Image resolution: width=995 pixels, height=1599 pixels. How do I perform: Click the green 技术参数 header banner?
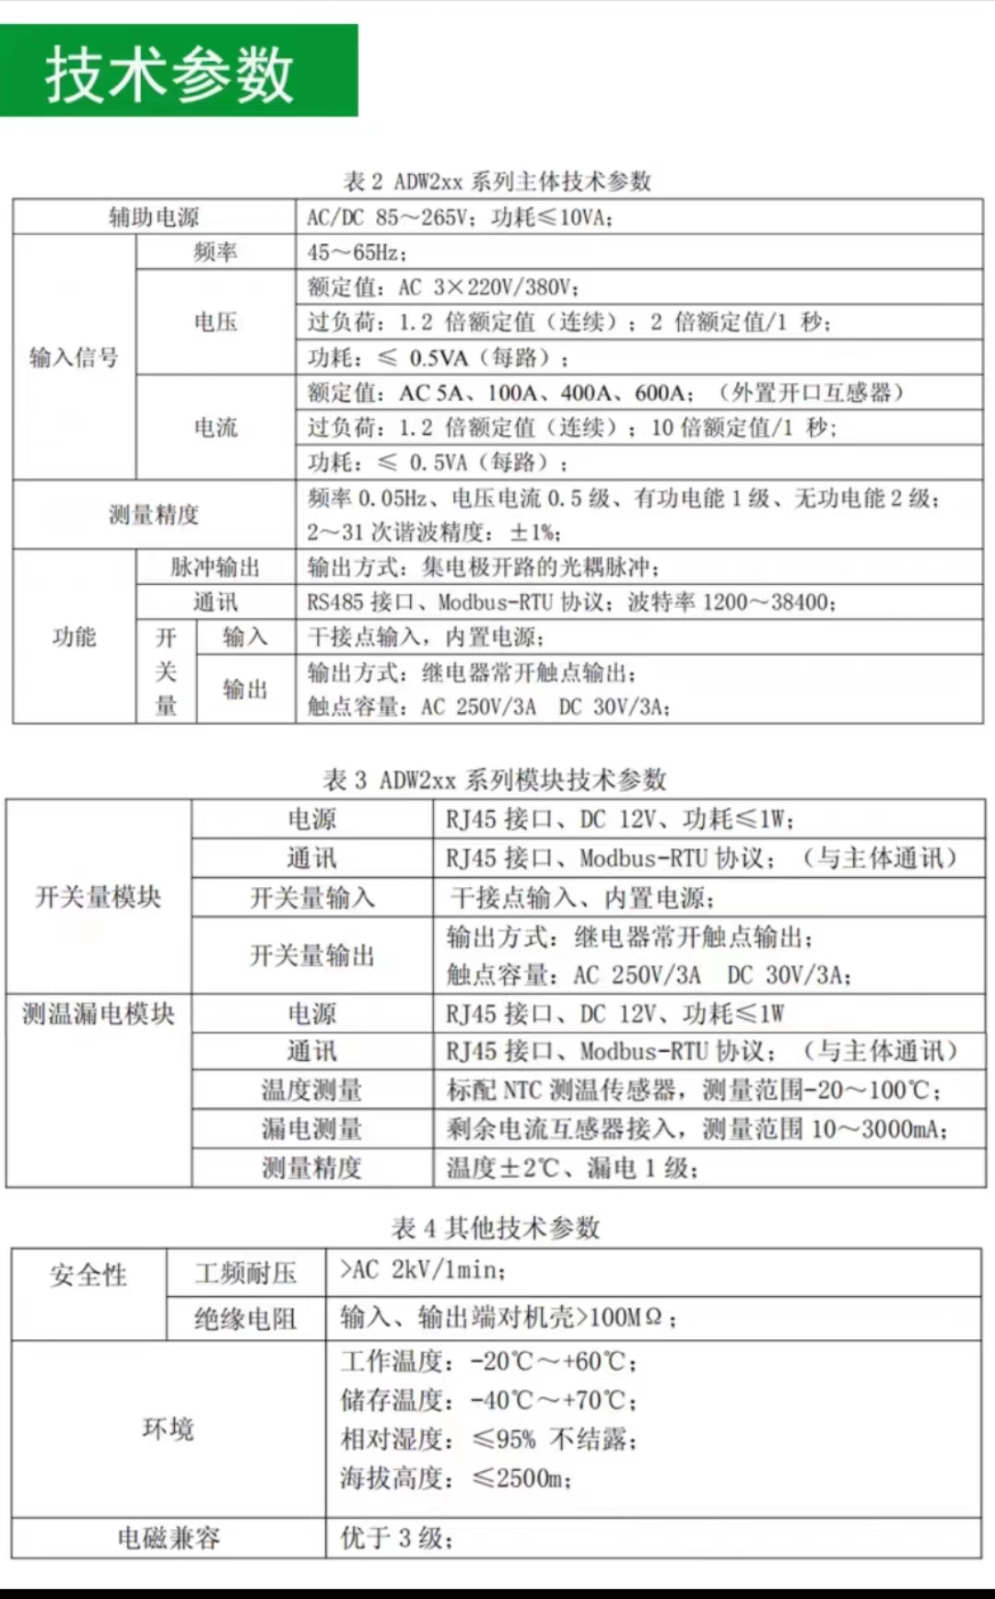(x=178, y=72)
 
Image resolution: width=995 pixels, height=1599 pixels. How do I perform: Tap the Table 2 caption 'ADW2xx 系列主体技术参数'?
(x=497, y=181)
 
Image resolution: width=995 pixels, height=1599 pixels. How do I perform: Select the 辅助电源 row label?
(x=154, y=217)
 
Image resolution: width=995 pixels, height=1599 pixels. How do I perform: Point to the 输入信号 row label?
(x=74, y=357)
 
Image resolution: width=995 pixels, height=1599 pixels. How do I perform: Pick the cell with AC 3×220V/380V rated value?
(x=443, y=287)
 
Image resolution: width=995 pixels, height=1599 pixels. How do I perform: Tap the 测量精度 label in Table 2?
(x=154, y=515)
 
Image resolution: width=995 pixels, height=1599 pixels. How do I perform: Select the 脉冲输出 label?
(x=215, y=567)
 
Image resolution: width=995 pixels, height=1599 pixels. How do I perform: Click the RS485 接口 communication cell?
(x=571, y=602)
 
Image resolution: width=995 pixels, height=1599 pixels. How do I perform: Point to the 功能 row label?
(x=74, y=636)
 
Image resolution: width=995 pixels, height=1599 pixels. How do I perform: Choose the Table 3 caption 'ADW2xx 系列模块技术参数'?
(x=495, y=780)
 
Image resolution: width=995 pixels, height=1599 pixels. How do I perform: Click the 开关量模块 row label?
(x=99, y=897)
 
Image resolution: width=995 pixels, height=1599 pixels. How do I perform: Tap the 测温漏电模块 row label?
(x=99, y=1014)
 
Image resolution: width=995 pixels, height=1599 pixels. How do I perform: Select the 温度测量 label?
(x=311, y=1091)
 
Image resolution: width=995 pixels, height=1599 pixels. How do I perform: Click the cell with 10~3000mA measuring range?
(x=697, y=1129)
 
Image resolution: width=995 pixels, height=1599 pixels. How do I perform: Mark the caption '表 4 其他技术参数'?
(x=496, y=1228)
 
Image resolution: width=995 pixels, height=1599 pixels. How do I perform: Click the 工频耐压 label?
(x=245, y=1274)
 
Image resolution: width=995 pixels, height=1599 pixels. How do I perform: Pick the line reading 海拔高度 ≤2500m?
(x=456, y=1478)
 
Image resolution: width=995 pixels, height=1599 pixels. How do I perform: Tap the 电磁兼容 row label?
(x=169, y=1538)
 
